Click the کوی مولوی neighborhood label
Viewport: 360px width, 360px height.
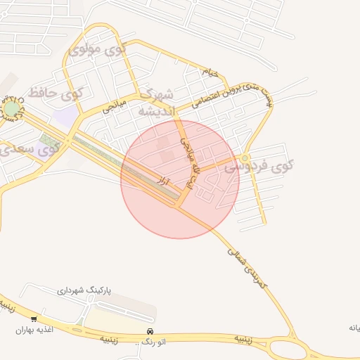pyautogui.click(x=98, y=50)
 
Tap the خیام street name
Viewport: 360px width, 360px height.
pyautogui.click(x=210, y=72)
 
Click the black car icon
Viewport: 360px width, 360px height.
pyautogui.click(x=150, y=331)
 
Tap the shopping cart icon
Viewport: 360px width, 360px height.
pyautogui.click(x=34, y=319)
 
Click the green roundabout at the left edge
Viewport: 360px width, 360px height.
pyautogui.click(x=12, y=109)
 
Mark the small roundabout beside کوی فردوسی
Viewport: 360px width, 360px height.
pyautogui.click(x=245, y=158)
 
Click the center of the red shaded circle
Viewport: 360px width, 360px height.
pyautogui.click(x=180, y=179)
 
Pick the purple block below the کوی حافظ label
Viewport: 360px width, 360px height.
pyautogui.click(x=65, y=116)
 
